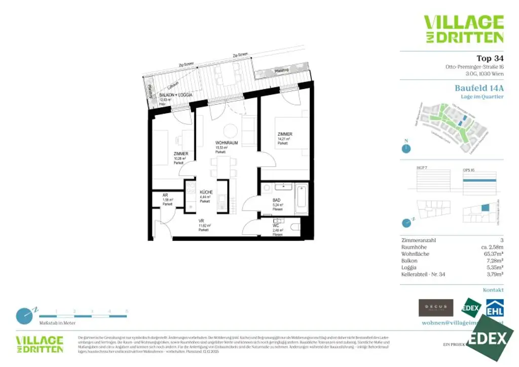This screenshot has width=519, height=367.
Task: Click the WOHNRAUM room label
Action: [x=226, y=143]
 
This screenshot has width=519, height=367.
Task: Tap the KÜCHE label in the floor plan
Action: [x=206, y=192]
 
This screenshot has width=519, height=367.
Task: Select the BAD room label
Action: [x=276, y=201]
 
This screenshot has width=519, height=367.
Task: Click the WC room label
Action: [x=276, y=226]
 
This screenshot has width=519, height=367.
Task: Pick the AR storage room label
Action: [x=165, y=195]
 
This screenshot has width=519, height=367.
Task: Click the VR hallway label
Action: [x=202, y=221]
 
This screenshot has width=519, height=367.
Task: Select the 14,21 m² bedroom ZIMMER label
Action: [x=284, y=134]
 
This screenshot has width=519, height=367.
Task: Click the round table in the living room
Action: [x=231, y=129]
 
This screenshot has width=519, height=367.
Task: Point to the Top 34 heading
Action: [x=490, y=58]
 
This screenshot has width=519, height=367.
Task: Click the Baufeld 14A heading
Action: [x=479, y=87]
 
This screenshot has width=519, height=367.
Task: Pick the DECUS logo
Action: [x=435, y=307]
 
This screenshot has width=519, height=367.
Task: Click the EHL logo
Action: [x=495, y=308]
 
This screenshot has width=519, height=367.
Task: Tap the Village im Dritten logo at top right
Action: [x=463, y=28]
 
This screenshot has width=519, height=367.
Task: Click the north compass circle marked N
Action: [x=406, y=148]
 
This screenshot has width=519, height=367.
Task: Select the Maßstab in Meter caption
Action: [x=58, y=322]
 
